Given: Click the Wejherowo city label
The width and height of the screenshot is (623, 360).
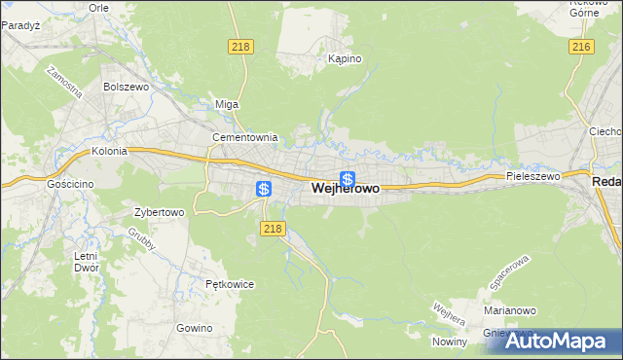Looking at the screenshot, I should point(346,190).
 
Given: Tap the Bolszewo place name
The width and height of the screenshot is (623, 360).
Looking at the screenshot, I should point(125,87).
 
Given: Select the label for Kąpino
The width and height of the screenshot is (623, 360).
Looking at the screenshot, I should point(345,59).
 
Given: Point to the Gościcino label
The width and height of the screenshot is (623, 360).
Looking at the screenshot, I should point(69,183).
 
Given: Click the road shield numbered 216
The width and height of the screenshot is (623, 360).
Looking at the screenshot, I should point(582,47).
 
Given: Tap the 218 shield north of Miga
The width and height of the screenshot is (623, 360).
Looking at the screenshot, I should point(240,47).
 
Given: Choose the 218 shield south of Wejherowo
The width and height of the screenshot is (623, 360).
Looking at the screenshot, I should point(273,229).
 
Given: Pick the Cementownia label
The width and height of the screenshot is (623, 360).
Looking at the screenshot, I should point(245,138).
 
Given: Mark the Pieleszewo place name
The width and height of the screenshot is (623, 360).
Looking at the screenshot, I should point(533,177).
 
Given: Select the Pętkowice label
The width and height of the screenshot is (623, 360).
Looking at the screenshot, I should point(230,285).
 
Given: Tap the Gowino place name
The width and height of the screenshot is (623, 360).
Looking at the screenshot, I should point(195,328).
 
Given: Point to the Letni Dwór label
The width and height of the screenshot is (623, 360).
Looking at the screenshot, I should point(86,263).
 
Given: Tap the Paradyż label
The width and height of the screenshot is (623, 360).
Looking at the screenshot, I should point(19,26).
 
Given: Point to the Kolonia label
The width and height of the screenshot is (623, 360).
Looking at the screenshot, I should point(110,152).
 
